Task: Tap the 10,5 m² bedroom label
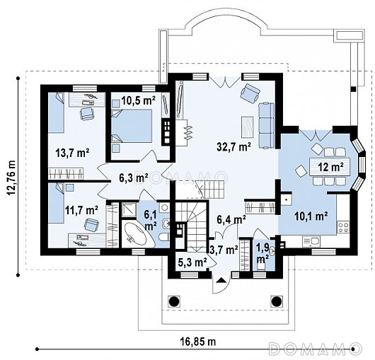tap(139, 100)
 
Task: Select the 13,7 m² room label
tap(72, 153)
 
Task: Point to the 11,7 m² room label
tap(81, 210)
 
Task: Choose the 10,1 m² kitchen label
tap(311, 216)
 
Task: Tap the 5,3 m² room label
tap(192, 262)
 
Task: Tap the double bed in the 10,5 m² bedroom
tap(132, 126)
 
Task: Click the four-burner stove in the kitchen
tap(343, 227)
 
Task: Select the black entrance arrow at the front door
tap(221, 280)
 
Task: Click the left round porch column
tap(174, 301)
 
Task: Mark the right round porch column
tap(276, 301)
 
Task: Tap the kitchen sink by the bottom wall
tap(311, 241)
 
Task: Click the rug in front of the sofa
tap(248, 127)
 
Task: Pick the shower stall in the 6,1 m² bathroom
tap(129, 209)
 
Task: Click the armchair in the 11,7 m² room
tap(91, 225)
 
